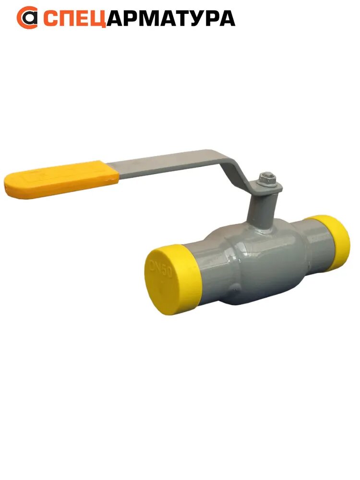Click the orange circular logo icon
click(x=27, y=18)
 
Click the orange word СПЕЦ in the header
click(x=74, y=18)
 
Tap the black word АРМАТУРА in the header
click(x=170, y=18)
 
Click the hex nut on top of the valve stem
click(x=265, y=180)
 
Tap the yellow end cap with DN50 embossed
click(x=170, y=278)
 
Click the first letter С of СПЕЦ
click(x=50, y=18)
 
